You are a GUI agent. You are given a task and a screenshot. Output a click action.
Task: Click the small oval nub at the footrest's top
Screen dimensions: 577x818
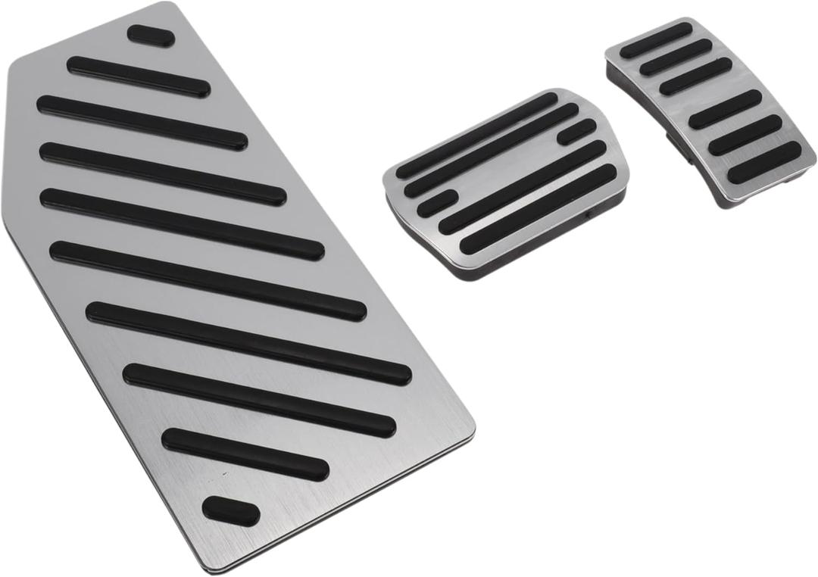pyautogui.click(x=151, y=35)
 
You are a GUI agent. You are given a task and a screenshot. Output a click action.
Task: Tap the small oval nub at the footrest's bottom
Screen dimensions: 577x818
pyautogui.click(x=231, y=511)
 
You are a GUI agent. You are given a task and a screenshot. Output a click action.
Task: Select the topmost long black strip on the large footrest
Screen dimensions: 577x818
pyautogui.click(x=139, y=76)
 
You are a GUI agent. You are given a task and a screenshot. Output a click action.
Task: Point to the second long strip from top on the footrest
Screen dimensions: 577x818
pyautogui.click(x=142, y=122)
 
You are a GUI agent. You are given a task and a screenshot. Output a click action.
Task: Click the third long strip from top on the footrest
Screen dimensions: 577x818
pyautogui.click(x=163, y=173)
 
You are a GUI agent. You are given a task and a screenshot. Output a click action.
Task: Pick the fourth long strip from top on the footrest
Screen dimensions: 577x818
pyautogui.click(x=182, y=224)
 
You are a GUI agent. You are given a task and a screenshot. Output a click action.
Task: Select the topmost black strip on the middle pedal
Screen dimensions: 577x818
pyautogui.click(x=476, y=136)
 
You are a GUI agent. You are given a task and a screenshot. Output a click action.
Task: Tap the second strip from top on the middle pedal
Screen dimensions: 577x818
pyautogui.click(x=492, y=149)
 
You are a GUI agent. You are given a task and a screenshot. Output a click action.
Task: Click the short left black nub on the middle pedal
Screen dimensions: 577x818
pyautogui.click(x=437, y=203)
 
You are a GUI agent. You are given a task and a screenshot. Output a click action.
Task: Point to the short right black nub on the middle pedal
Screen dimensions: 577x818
pyautogui.click(x=577, y=132)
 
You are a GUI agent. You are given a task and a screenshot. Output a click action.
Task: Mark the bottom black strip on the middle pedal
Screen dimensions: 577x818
pyautogui.click(x=539, y=208)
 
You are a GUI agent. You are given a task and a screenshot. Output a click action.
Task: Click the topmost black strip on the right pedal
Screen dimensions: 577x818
pyautogui.click(x=657, y=39)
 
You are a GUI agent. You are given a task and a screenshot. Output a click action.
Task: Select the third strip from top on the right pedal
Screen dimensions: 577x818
pyautogui.click(x=695, y=76)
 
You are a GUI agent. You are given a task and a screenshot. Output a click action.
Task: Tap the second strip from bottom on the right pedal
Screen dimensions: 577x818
pyautogui.click(x=745, y=135)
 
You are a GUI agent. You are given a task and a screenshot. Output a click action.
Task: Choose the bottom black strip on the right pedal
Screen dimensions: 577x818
pyautogui.click(x=763, y=162)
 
